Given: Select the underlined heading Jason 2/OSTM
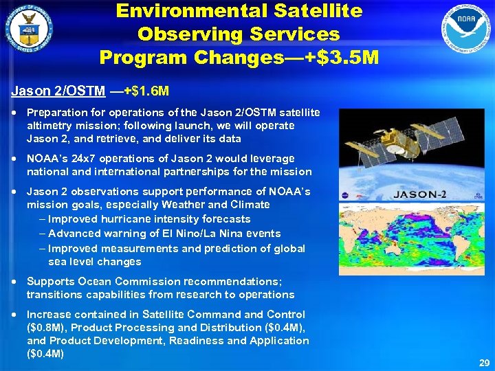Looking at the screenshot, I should point(58,91).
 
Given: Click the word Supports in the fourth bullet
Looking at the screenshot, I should point(48,281).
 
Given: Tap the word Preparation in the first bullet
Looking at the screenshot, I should point(56,112).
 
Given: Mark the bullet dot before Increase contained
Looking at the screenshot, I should point(15,315).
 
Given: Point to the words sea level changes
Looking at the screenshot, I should point(95,262).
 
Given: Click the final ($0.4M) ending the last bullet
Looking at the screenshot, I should point(45,354).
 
